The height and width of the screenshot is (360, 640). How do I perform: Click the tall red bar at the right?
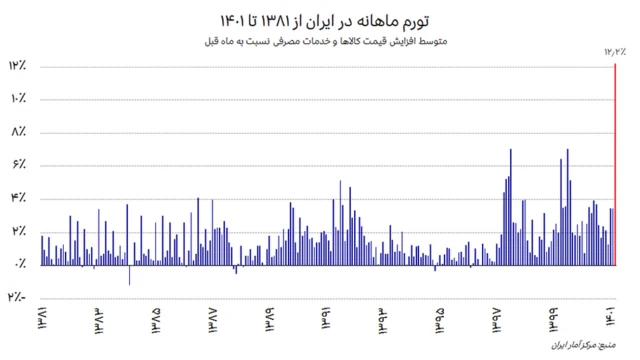[614, 165]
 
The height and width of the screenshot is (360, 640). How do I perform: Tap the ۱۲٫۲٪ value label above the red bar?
[614, 50]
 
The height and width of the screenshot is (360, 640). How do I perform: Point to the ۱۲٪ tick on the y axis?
[18, 66]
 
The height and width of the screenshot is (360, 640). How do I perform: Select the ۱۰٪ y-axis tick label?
[18, 99]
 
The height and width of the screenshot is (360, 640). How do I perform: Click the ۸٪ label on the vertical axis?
[20, 132]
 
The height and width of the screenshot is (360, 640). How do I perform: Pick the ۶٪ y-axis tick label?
[20, 165]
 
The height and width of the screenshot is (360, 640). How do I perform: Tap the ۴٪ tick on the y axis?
[20, 198]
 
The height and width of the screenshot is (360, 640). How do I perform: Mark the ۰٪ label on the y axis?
[20, 264]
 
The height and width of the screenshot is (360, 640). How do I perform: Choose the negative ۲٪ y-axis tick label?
[18, 297]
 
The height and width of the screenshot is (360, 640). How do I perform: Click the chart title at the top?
[319, 20]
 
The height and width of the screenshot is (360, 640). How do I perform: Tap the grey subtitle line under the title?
[319, 41]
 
